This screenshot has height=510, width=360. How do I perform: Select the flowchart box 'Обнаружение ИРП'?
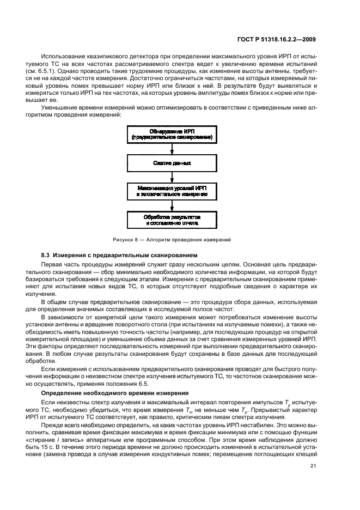point(172,133)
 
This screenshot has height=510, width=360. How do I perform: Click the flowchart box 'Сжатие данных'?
point(172,162)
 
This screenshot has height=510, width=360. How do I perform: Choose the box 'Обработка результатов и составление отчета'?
point(172,220)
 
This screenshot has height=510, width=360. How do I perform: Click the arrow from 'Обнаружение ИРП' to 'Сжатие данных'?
point(172,148)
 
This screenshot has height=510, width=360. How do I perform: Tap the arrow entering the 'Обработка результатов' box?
point(172,206)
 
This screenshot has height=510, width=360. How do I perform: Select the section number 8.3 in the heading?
point(46,256)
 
